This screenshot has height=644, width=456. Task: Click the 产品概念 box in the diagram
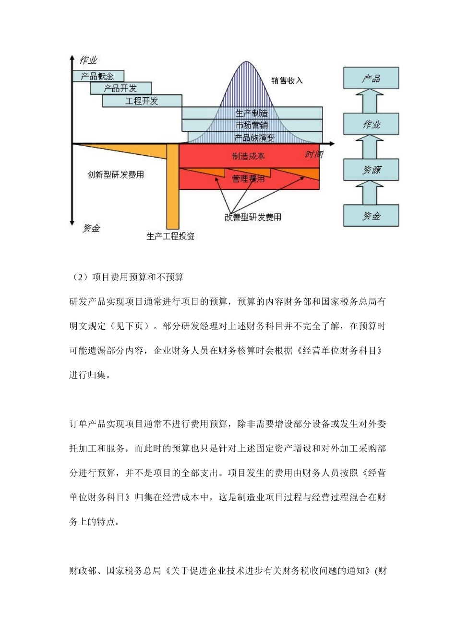coord(98,76)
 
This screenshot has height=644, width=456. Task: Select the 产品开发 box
coord(120,88)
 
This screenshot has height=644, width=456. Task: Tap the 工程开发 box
coord(142,101)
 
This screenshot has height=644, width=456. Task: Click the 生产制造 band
coord(252,113)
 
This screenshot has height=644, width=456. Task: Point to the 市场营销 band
coord(252,125)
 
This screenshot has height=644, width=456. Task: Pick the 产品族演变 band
coord(254,138)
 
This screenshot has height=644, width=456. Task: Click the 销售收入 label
coord(287,80)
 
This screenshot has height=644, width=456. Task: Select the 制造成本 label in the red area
coord(248,156)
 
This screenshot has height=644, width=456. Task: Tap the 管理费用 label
coord(248,179)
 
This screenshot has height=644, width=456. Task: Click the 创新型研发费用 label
coord(116,175)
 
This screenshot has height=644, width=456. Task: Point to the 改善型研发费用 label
coord(253,217)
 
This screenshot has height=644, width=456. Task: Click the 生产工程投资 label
coord(171,236)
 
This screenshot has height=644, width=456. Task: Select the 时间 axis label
coord(314,154)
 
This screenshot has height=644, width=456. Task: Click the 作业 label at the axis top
coord(88,60)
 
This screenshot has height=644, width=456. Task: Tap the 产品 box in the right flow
coord(371,78)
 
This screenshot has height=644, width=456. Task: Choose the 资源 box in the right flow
coord(371,170)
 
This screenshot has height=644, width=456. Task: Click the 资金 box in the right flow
coord(371,215)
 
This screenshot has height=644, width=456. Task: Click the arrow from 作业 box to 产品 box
coord(371,101)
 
